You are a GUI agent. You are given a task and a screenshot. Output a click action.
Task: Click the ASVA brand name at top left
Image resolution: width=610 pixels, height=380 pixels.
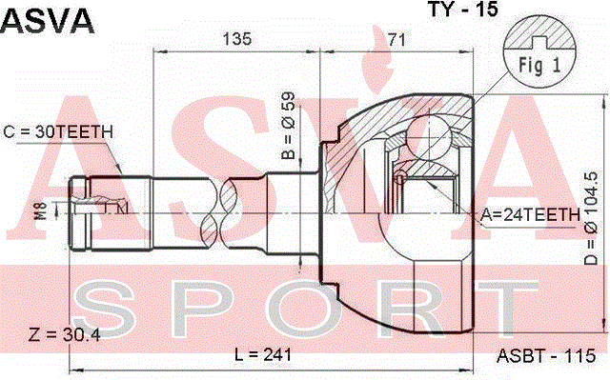[x=48, y=20]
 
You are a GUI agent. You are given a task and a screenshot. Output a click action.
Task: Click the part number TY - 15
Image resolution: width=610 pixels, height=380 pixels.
[x=463, y=9]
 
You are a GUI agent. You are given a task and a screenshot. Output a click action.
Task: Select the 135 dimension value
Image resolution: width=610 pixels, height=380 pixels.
[x=237, y=39]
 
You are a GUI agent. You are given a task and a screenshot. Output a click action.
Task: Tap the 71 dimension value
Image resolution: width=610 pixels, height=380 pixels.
[x=396, y=39]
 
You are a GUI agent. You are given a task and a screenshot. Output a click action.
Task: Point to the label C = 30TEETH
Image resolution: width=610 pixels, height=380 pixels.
[x=58, y=132]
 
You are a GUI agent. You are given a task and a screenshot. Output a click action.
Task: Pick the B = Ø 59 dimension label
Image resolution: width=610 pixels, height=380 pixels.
[x=288, y=127]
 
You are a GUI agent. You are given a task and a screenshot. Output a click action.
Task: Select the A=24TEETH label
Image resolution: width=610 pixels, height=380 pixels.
[x=530, y=214]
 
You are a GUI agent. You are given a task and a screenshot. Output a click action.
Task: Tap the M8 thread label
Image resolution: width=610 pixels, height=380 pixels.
[x=41, y=210]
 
